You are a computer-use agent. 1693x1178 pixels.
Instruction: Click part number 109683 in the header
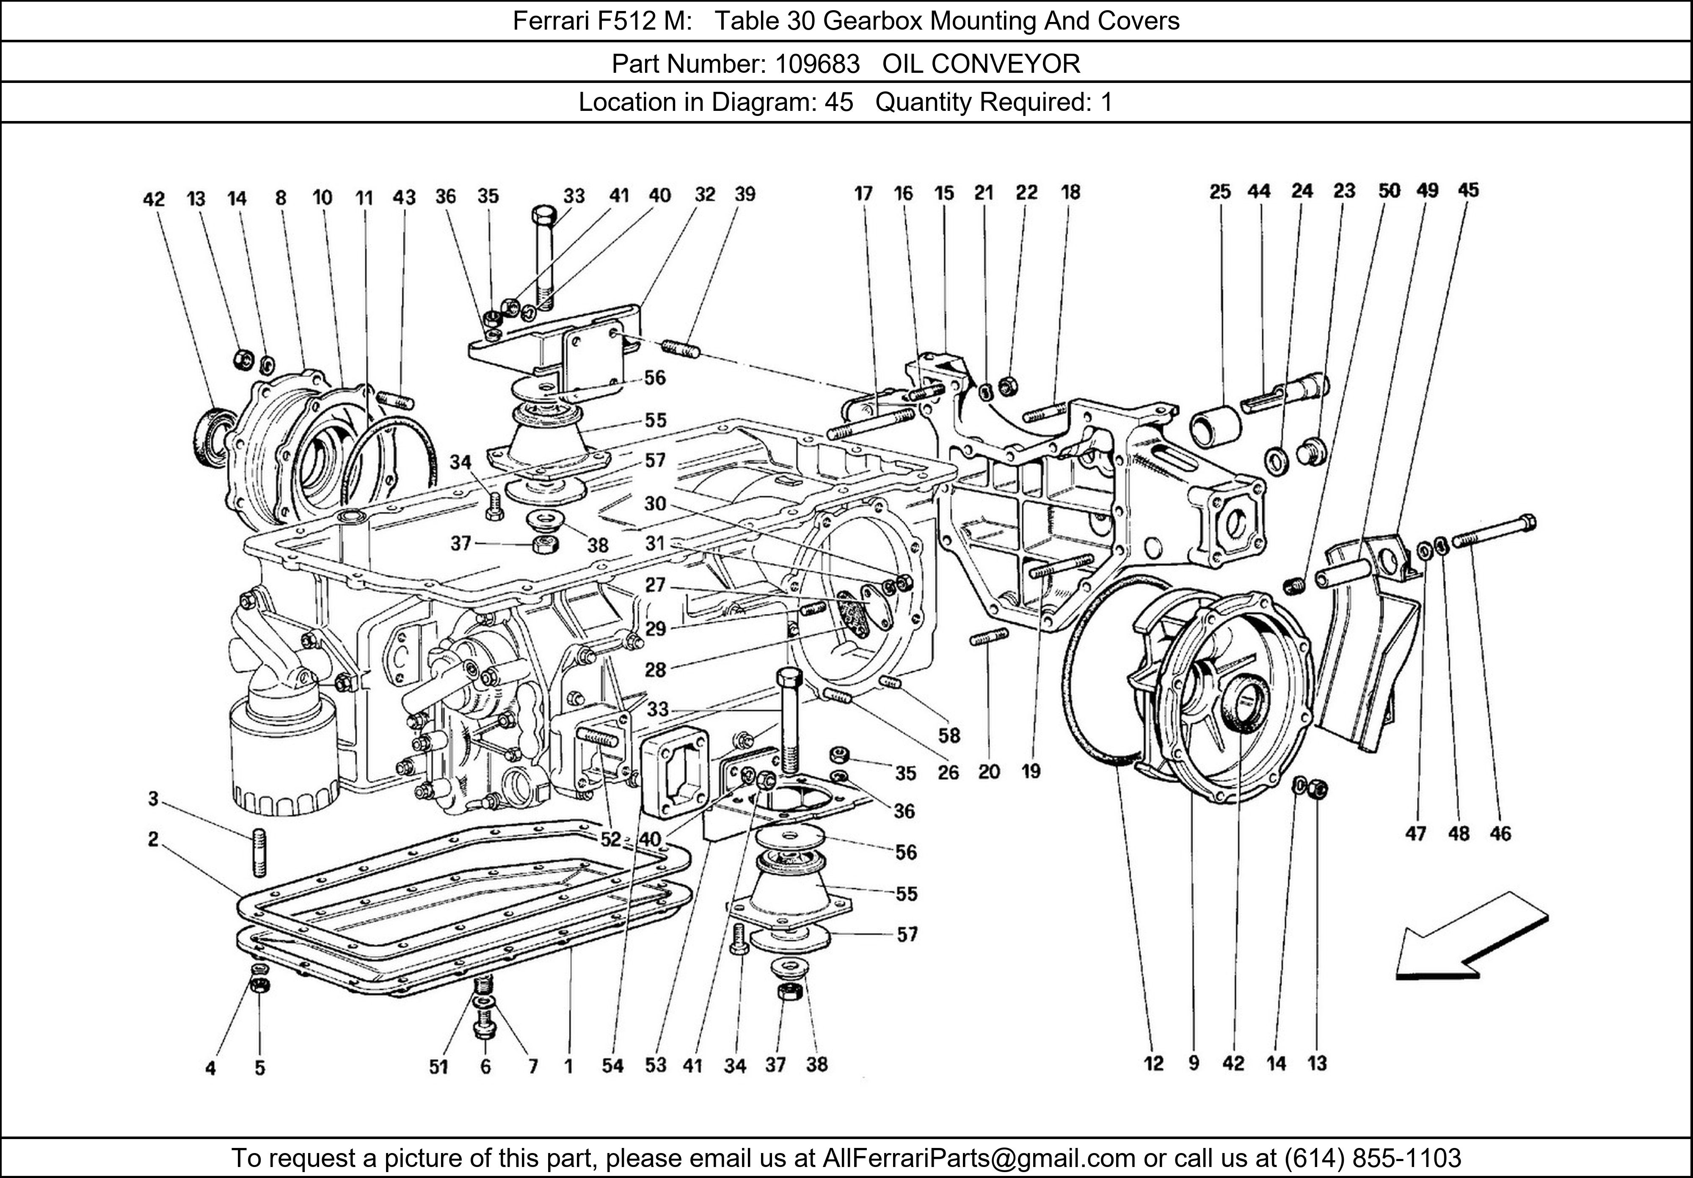tap(816, 64)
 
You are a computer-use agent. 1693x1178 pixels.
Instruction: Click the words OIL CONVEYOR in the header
tap(981, 64)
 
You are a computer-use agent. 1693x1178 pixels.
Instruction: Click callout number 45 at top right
tap(1467, 190)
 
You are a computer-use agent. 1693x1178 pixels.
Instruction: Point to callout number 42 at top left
tap(153, 199)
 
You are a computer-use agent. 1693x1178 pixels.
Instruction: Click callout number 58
tap(949, 735)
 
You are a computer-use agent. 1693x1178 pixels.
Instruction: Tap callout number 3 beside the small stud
tap(153, 798)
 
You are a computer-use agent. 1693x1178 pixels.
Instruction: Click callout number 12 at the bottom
tap(1154, 1063)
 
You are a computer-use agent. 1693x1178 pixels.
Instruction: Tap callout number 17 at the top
tap(863, 193)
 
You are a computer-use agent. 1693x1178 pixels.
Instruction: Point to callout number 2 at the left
tap(153, 839)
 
